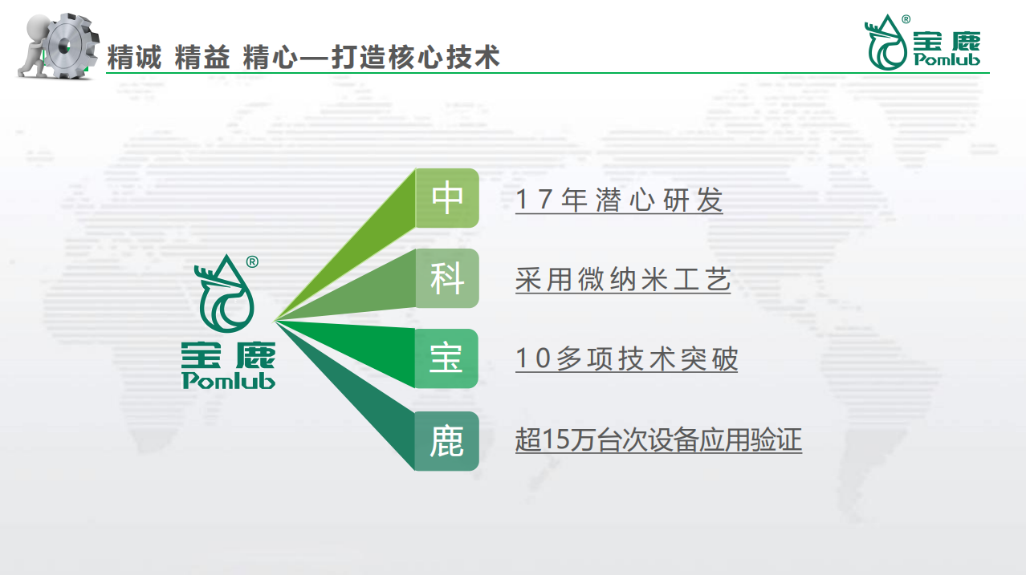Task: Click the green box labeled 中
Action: tap(447, 198)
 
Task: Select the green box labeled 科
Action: tap(447, 278)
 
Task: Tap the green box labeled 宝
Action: tap(446, 358)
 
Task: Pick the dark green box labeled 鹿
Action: tap(446, 441)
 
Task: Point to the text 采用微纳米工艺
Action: tap(623, 280)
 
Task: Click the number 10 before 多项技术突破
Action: tap(533, 358)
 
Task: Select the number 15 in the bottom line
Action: tap(555, 439)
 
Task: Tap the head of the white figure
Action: tap(38, 26)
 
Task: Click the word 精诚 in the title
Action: tap(134, 57)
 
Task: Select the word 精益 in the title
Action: tap(202, 57)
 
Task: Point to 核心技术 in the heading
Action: tap(444, 57)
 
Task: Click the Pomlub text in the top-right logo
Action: tap(947, 60)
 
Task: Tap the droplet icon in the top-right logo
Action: tap(886, 43)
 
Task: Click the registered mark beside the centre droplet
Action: tap(252, 261)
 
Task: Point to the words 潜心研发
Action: tap(659, 200)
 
